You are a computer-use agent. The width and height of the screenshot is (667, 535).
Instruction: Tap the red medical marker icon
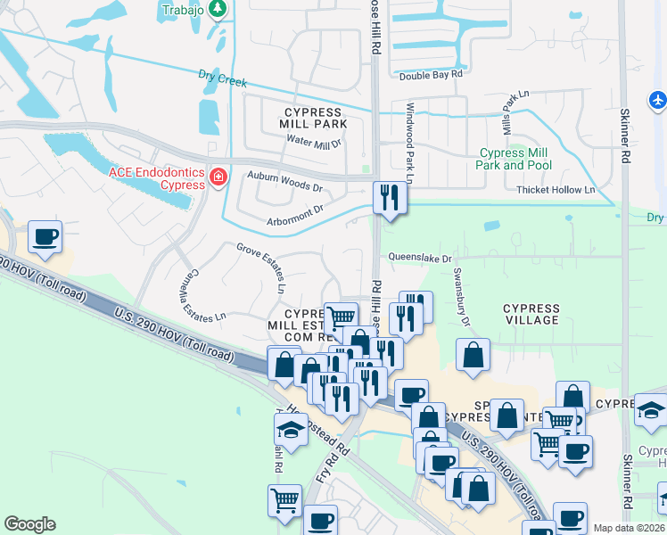(217, 177)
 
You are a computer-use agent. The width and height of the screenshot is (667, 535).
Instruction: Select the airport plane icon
(658, 99)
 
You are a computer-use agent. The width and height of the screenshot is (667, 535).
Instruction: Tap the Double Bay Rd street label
(430, 76)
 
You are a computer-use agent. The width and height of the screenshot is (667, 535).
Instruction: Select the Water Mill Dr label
(314, 142)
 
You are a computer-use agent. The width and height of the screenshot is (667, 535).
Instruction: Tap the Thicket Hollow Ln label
(555, 190)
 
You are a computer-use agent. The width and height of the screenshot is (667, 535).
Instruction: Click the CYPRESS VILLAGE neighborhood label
(531, 315)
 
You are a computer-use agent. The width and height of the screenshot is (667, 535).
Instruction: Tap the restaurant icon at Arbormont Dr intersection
(388, 197)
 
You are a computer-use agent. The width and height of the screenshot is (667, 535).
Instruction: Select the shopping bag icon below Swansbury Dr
(473, 355)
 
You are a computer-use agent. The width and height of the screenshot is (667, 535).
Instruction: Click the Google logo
(29, 524)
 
